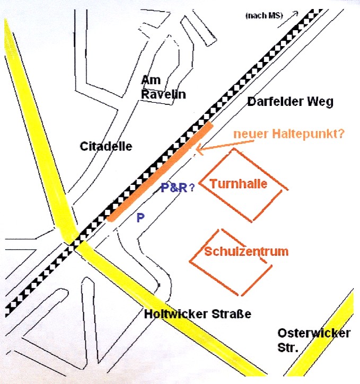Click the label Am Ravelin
(x=156, y=87)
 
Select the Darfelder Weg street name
(x=290, y=102)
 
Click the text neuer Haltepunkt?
(x=289, y=133)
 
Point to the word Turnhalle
(x=238, y=184)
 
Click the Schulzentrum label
(x=246, y=251)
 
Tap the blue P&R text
(x=174, y=187)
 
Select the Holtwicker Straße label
(x=197, y=314)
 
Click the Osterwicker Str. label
(x=313, y=338)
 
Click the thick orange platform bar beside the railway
(x=159, y=171)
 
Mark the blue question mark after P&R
(x=191, y=187)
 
